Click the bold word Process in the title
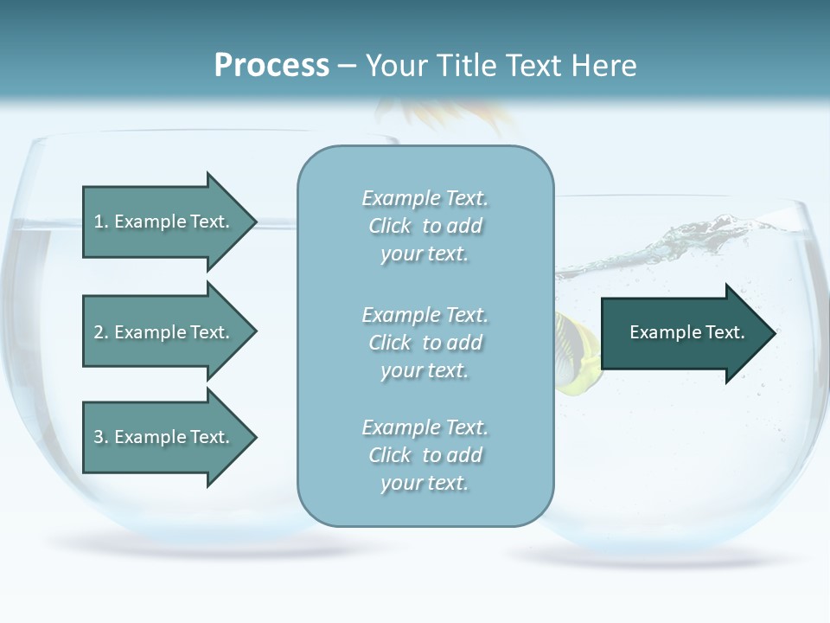click(271, 66)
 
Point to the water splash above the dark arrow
click(683, 242)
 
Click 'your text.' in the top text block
click(425, 254)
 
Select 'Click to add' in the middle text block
click(425, 343)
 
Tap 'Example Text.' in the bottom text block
click(425, 427)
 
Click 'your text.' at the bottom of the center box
click(425, 483)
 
